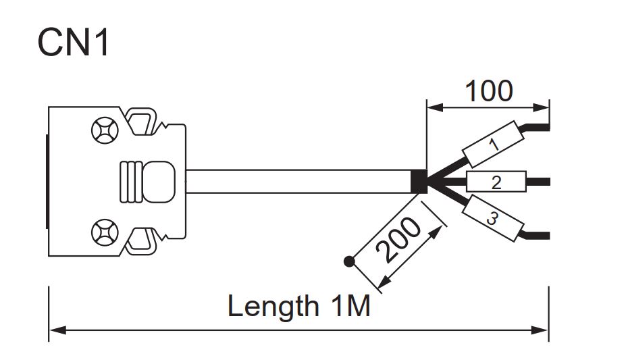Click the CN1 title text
click(73, 43)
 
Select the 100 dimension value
click(488, 91)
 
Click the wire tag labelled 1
click(494, 144)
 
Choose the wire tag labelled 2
click(496, 181)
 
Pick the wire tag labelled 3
click(492, 217)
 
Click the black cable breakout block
click(419, 181)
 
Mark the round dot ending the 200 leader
click(349, 261)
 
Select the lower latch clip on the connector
click(144, 241)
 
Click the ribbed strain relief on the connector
click(132, 181)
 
